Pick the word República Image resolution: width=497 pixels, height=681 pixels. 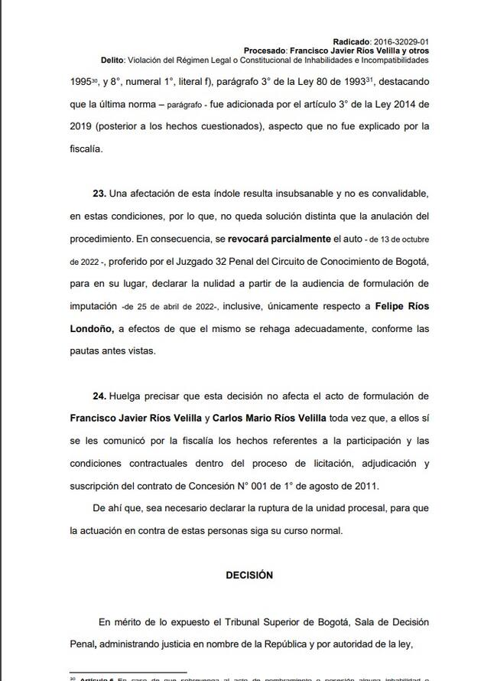pos(299,644)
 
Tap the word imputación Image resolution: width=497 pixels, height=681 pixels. pos(93,306)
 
